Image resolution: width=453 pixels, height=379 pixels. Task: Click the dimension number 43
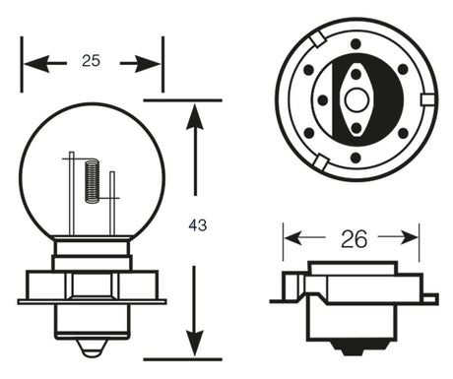197,225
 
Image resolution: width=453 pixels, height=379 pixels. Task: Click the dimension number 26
352,236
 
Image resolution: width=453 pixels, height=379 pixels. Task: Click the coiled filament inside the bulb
92,180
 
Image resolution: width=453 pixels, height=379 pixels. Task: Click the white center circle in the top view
355,100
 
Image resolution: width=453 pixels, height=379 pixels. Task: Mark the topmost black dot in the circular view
355,44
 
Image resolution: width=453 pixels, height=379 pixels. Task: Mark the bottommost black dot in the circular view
355,156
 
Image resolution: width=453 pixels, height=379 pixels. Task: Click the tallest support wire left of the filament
71,192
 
